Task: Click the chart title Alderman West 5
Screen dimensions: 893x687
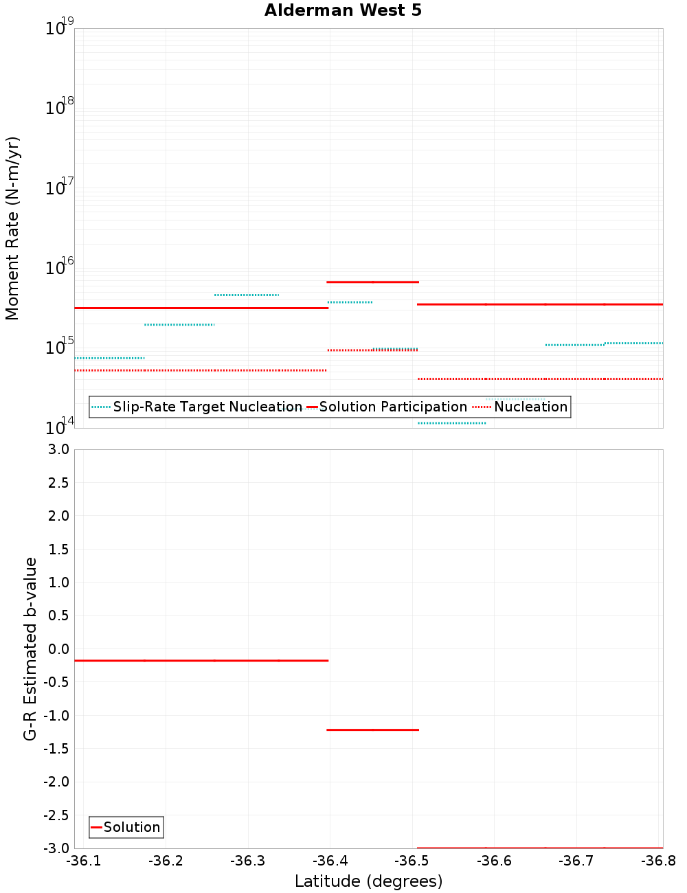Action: [x=343, y=10]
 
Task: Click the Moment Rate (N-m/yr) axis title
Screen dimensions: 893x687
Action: [x=12, y=228]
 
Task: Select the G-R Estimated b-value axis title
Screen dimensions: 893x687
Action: [x=30, y=648]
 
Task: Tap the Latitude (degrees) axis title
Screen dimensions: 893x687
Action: [x=368, y=881]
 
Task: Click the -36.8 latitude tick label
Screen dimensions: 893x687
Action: [x=657, y=861]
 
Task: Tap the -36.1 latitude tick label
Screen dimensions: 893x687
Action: [x=83, y=861]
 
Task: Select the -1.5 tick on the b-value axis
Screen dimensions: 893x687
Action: [x=56, y=749]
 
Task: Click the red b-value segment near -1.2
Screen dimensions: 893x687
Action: [x=373, y=730]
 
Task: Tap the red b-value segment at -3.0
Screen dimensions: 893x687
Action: [x=540, y=848]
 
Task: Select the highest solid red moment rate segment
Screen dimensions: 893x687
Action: [x=373, y=282]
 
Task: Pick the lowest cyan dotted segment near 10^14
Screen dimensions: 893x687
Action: [x=451, y=423]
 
